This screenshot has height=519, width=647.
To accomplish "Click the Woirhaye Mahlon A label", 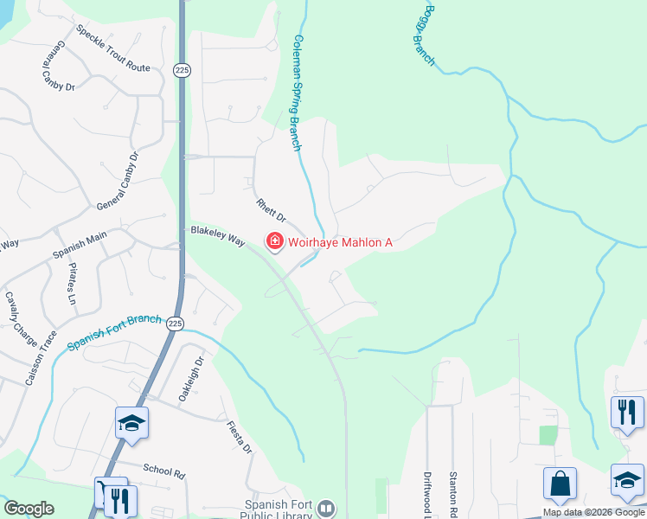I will pyautogui.click(x=340, y=242).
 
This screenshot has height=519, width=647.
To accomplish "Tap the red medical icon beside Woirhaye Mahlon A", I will pyautogui.click(x=275, y=241).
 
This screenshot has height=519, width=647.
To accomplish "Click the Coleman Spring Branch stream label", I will pyautogui.click(x=298, y=93).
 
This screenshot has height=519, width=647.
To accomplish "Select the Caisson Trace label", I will pyautogui.click(x=42, y=358).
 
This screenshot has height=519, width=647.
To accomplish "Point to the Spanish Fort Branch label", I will pyautogui.click(x=114, y=330).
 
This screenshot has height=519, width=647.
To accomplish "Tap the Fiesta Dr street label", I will pyautogui.click(x=239, y=438).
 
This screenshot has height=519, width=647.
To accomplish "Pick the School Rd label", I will pyautogui.click(x=164, y=471).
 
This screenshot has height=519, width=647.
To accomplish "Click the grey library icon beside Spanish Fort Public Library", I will pyautogui.click(x=325, y=508).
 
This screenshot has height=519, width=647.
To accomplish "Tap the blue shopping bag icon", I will pyautogui.click(x=560, y=484).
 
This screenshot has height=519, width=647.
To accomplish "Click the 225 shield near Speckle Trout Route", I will pyautogui.click(x=181, y=68).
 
